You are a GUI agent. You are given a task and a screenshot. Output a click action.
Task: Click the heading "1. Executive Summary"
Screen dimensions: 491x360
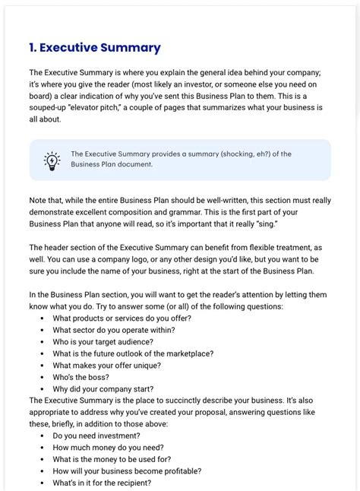(x=95, y=48)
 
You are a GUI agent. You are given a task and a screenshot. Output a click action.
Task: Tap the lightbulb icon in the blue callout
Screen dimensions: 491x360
(x=52, y=160)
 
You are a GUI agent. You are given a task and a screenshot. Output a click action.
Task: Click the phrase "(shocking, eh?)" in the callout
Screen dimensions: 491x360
(x=231, y=154)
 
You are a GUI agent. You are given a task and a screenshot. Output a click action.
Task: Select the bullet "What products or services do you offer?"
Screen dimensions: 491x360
(x=122, y=318)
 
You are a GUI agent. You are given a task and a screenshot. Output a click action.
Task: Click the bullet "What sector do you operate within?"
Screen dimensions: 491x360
(x=113, y=330)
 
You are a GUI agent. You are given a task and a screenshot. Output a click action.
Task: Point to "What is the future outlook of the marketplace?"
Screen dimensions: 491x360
(x=133, y=353)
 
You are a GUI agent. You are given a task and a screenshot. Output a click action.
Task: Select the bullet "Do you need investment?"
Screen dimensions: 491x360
(x=96, y=436)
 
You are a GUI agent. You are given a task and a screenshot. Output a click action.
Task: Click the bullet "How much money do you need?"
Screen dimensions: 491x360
(x=108, y=448)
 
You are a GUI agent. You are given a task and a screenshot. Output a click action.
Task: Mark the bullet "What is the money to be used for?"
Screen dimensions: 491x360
(x=112, y=459)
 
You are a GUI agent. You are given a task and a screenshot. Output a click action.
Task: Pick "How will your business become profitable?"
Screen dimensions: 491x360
(x=127, y=471)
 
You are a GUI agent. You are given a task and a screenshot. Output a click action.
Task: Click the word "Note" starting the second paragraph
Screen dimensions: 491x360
(x=39, y=200)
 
